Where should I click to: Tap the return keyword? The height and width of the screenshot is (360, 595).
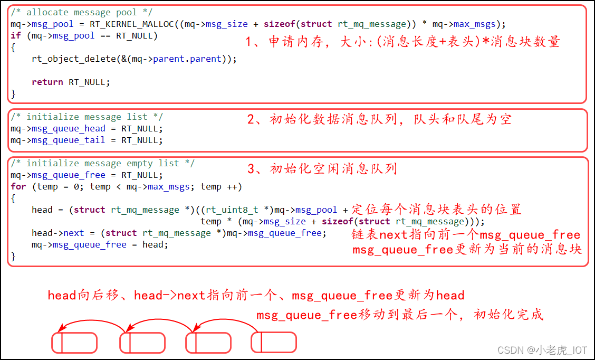click(x=47, y=82)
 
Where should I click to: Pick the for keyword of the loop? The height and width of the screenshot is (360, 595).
click(x=18, y=187)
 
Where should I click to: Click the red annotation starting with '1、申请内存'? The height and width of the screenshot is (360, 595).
click(x=403, y=42)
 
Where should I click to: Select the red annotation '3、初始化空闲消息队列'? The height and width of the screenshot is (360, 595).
click(x=322, y=169)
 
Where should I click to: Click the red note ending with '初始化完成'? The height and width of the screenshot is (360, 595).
click(x=399, y=315)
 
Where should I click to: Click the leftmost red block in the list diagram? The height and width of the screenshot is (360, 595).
click(x=74, y=342)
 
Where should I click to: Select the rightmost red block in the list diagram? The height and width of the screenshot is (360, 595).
click(x=273, y=342)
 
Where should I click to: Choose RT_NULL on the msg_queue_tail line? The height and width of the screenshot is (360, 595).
click(x=142, y=140)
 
